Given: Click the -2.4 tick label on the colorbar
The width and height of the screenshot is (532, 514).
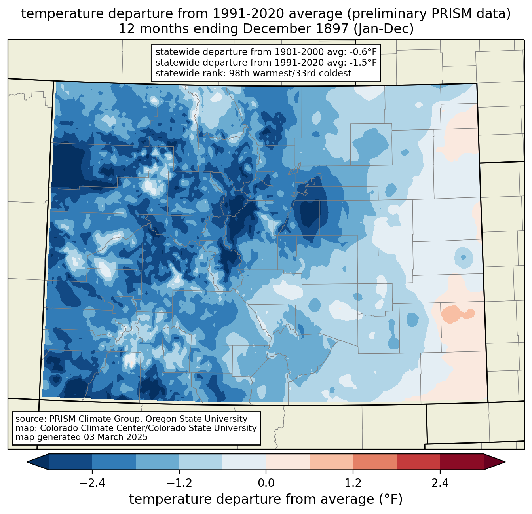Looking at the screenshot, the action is (92, 483).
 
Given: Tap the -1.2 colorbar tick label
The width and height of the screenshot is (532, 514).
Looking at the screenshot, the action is (179, 483).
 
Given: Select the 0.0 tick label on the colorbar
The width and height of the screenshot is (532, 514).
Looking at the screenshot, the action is (266, 483).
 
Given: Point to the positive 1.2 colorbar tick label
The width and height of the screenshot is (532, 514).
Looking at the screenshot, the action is (353, 483).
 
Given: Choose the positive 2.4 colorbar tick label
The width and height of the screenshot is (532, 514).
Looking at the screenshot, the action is (440, 483).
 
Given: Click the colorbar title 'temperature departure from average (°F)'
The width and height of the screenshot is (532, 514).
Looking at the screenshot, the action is (266, 499).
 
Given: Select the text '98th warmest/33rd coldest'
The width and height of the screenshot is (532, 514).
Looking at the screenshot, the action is (290, 73).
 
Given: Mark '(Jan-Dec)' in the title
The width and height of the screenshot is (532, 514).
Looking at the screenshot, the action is (384, 29).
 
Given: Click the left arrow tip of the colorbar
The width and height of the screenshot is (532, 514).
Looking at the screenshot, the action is (27, 462).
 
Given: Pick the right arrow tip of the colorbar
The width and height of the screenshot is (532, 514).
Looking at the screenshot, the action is (505, 462).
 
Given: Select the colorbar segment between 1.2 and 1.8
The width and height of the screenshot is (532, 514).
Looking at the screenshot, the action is (374, 462).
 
